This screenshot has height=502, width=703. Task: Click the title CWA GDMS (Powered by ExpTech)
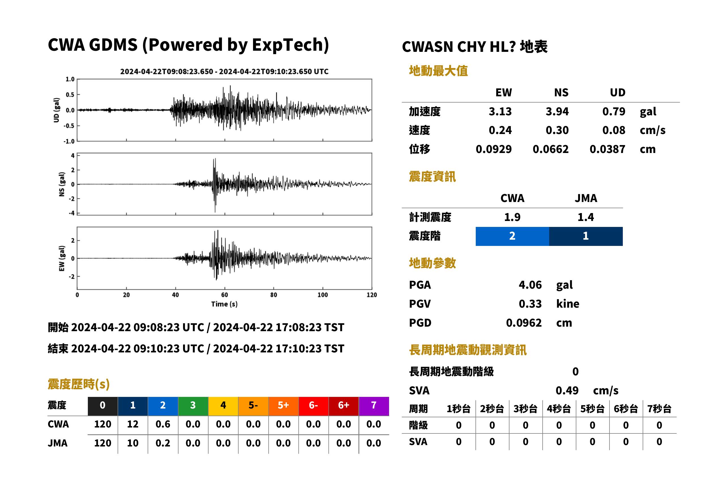188,45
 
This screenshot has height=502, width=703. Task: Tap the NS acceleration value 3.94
557,111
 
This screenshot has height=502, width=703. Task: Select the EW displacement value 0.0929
493,149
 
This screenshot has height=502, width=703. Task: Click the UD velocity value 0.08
614,130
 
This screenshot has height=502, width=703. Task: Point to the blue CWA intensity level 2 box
512,236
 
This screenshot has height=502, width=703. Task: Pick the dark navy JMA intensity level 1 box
586,236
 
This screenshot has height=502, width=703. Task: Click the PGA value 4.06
530,285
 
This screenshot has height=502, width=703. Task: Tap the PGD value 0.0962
524,323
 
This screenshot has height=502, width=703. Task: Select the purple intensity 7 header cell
374,406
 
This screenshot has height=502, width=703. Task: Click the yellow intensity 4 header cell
223,406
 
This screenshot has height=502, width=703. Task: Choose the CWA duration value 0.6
163,424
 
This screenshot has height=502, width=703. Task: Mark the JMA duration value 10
133,443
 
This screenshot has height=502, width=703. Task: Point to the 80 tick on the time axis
274,295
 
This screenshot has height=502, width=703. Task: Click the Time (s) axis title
224,304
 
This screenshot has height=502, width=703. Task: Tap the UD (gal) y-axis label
56,110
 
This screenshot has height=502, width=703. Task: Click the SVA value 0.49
567,390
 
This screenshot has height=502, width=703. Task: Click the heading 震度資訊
432,177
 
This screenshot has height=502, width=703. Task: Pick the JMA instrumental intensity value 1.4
585,217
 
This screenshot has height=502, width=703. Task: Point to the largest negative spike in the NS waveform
215,212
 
